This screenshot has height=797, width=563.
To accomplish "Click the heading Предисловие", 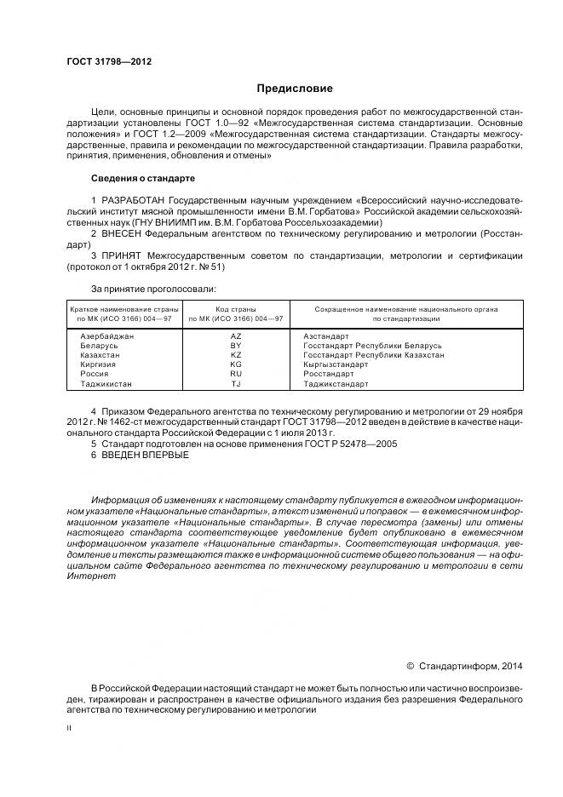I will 295,89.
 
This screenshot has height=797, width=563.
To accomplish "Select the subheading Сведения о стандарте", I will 142,179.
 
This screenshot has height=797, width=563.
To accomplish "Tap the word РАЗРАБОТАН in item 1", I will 134,200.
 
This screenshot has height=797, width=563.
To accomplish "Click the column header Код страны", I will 236,310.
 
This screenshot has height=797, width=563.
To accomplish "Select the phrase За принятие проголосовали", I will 142,290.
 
